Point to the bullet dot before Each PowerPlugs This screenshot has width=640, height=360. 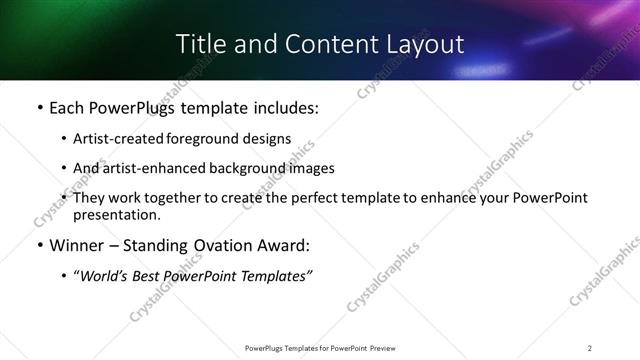coord(39,108)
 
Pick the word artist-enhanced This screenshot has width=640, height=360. coord(150,168)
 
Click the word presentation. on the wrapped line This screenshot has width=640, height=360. coord(117,215)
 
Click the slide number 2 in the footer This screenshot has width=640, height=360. coord(590,347)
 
